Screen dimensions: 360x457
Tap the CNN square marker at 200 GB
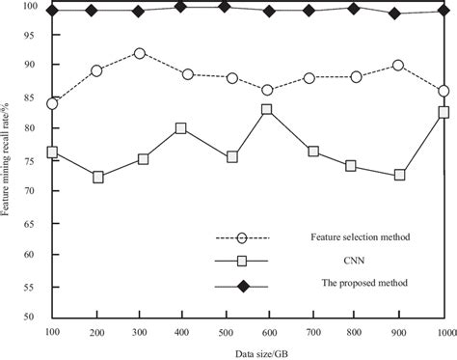(x=97, y=178)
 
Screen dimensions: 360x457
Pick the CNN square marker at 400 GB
(x=181, y=128)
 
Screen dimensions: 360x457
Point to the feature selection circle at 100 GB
(x=52, y=103)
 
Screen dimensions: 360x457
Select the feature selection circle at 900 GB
(x=399, y=66)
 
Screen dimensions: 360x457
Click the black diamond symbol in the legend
(x=242, y=283)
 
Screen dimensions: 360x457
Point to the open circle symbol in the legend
(x=242, y=237)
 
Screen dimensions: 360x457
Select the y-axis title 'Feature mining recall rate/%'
(x=9, y=159)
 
